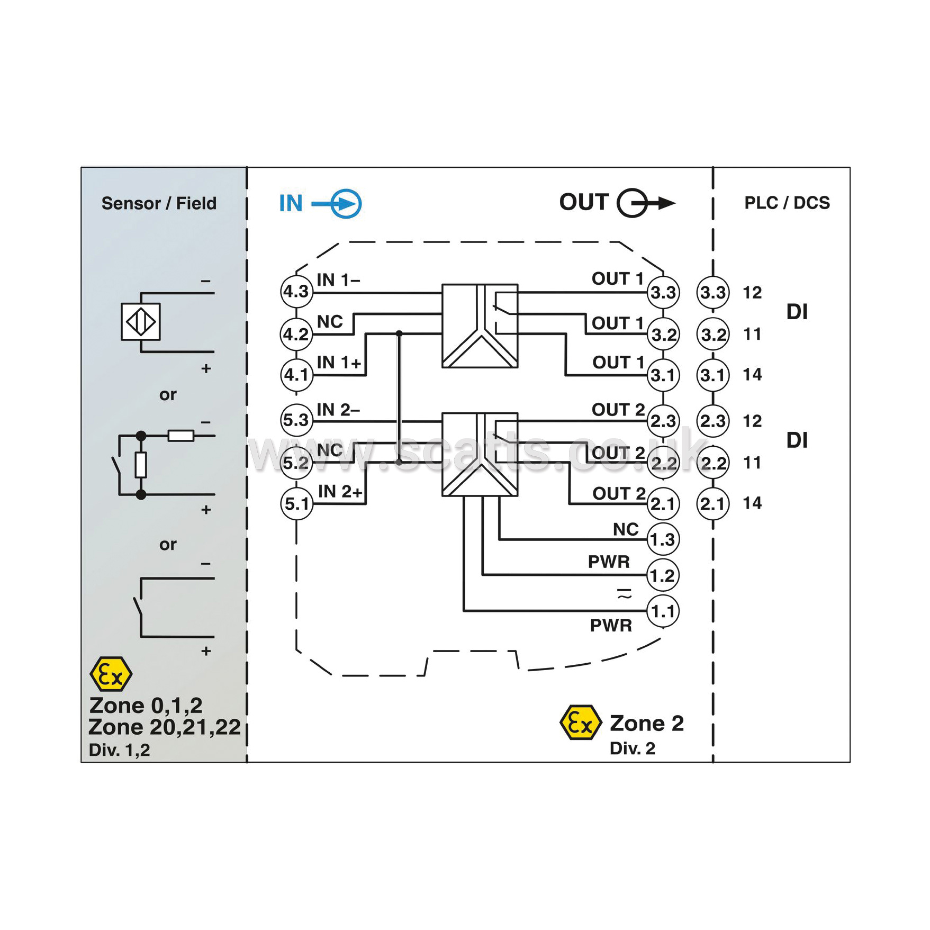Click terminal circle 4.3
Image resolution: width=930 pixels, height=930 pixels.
[296, 291]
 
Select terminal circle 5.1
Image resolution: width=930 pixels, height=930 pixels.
[296, 503]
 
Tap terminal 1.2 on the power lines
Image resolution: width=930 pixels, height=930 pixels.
[663, 575]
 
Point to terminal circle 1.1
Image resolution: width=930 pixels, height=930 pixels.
[663, 611]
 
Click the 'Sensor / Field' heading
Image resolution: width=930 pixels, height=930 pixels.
[159, 203]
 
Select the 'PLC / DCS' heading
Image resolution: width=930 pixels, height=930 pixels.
[787, 203]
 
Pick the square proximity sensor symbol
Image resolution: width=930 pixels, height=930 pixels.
[141, 321]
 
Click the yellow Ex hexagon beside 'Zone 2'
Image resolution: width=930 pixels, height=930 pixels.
[581, 723]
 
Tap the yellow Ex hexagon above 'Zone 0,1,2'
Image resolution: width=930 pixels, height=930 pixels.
[111, 674]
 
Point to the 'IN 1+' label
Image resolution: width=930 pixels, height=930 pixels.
[339, 363]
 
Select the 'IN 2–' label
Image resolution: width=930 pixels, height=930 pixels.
[338, 410]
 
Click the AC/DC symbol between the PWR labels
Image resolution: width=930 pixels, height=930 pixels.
[625, 593]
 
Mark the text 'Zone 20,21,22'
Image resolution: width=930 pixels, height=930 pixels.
[165, 727]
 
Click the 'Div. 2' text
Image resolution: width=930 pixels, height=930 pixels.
[632, 748]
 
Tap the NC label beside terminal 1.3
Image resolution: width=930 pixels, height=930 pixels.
[626, 529]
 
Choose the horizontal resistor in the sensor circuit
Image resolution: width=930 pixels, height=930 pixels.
[181, 436]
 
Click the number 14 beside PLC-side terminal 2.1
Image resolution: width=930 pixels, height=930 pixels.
[752, 503]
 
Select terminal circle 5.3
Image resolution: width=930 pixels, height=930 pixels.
[296, 420]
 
